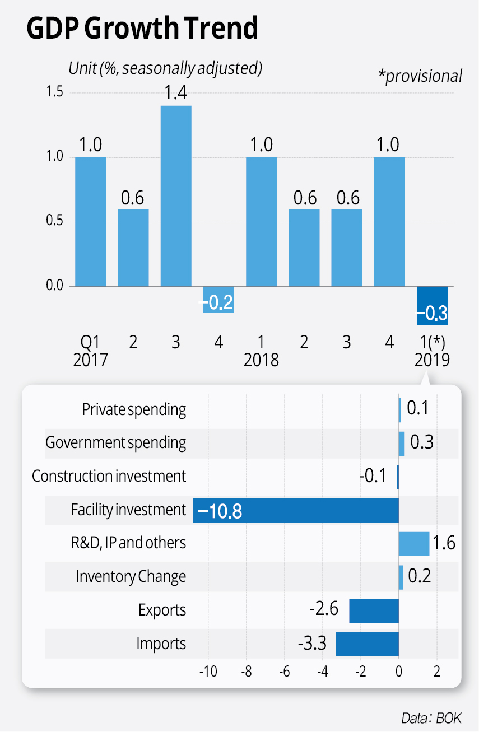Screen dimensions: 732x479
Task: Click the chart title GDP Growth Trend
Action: pos(142,27)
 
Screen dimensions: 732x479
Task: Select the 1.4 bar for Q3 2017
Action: pos(176,196)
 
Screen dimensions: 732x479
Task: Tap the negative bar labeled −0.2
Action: pos(218,300)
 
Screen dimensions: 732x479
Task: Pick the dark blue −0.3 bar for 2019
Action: pos(432,306)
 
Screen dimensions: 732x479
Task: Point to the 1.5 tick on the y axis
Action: pos(55,93)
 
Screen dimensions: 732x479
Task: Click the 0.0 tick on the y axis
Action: pos(55,287)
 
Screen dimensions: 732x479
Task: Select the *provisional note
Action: pos(423,76)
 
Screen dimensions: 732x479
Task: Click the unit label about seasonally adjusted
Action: pos(165,68)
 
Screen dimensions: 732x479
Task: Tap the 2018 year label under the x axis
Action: pos(261,360)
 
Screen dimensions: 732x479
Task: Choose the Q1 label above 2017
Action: pos(90,342)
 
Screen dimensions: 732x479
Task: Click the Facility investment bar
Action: pos(295,510)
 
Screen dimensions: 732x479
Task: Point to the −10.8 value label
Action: pos(220,511)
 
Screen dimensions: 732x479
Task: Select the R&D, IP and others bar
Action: pos(413,544)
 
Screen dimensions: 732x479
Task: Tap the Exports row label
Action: pos(162,610)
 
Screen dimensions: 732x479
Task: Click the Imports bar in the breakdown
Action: pos(367,644)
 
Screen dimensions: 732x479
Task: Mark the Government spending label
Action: pos(115,443)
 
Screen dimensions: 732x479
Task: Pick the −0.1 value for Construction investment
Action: pos(373,476)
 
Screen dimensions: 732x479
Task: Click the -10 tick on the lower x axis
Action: pos(208,671)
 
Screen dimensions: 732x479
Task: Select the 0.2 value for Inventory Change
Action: pos(419,576)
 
